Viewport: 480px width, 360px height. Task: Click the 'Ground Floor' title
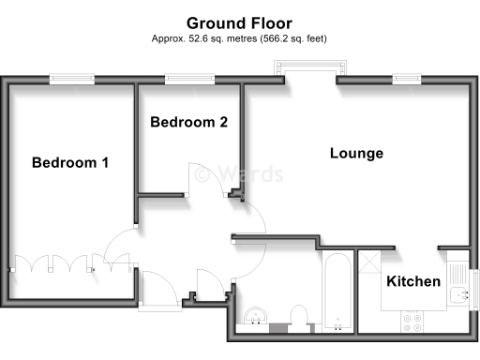239,22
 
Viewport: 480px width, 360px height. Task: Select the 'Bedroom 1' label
70,162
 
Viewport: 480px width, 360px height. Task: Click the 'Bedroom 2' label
188,122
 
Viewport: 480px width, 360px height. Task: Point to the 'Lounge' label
356,153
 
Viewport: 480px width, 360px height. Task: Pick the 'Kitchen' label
413,281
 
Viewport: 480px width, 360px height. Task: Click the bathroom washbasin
255,316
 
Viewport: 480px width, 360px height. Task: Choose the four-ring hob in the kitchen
413,322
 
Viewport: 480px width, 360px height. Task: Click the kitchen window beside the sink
474,287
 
